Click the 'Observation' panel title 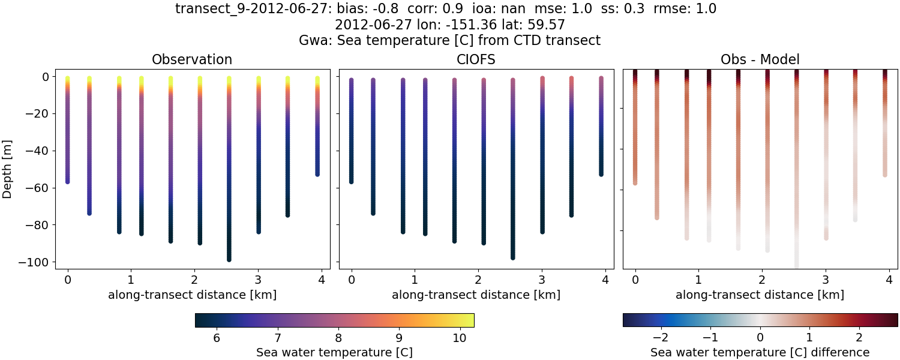pyautogui.click(x=192, y=59)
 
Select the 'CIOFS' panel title pyautogui.click(x=476, y=59)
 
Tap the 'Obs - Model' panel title pyautogui.click(x=760, y=59)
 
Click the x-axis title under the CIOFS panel pyautogui.click(x=476, y=295)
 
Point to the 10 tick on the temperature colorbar pyautogui.click(x=459, y=338)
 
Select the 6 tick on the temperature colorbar pyautogui.click(x=217, y=338)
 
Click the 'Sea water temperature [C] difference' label pyautogui.click(x=760, y=352)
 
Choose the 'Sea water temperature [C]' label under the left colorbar pyautogui.click(x=334, y=352)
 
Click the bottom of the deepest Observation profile pyautogui.click(x=229, y=259)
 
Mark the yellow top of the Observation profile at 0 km pyautogui.click(x=68, y=79)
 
